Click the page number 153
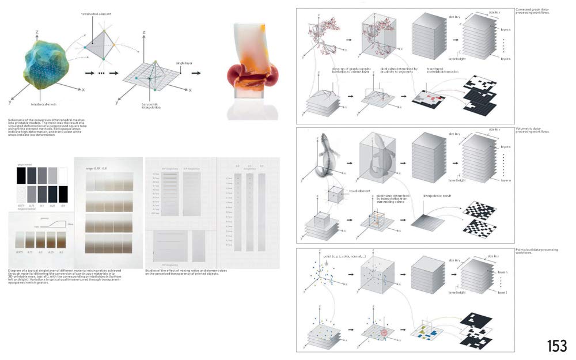(557, 346)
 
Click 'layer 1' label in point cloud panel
(502, 293)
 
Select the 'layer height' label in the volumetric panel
(456, 181)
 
